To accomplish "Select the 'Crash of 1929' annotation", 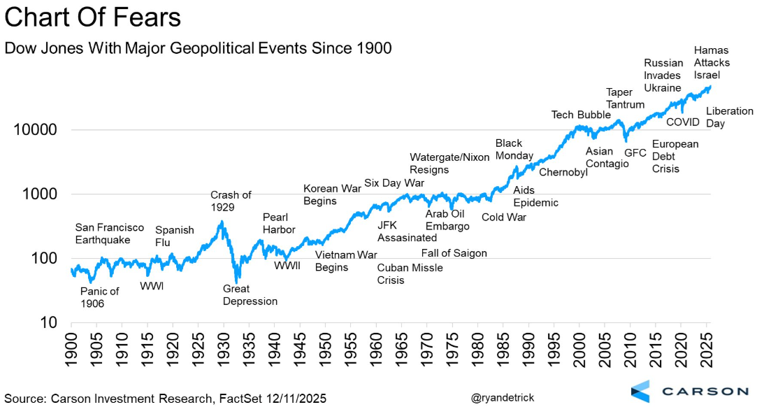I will (x=231, y=201).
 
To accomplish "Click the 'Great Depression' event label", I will (x=250, y=294).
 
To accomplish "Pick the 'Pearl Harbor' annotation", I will (x=279, y=223).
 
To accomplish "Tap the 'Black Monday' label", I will (x=514, y=149).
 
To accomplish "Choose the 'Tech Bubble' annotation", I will (x=581, y=115).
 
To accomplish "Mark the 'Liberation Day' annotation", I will (x=729, y=117).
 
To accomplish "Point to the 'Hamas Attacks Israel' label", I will (x=712, y=62).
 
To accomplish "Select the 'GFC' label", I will (x=635, y=152).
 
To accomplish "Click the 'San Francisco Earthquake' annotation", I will (x=109, y=234).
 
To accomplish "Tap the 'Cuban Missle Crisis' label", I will (x=410, y=274).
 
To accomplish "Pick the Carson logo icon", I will (x=640, y=392).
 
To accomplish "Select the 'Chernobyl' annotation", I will (x=563, y=172).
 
